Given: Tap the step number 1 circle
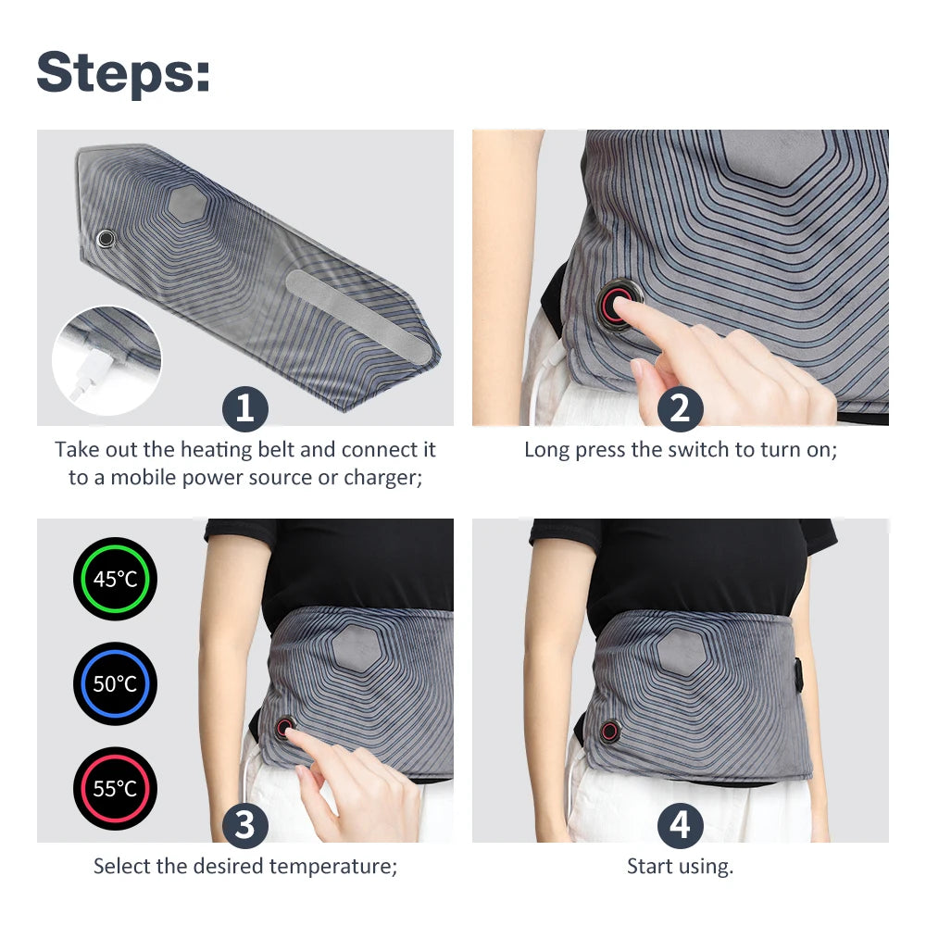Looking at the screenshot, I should (x=244, y=408).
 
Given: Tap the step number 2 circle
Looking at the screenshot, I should (x=681, y=408).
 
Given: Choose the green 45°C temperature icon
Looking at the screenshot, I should (x=115, y=580).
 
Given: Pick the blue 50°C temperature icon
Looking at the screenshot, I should (x=115, y=684).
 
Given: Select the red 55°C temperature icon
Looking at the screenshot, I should (x=115, y=789).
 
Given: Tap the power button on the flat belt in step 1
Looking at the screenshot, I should (x=107, y=239).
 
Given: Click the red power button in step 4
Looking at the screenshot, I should (x=609, y=731).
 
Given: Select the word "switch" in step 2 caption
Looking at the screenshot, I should (x=703, y=450).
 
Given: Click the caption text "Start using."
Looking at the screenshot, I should (x=680, y=867).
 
